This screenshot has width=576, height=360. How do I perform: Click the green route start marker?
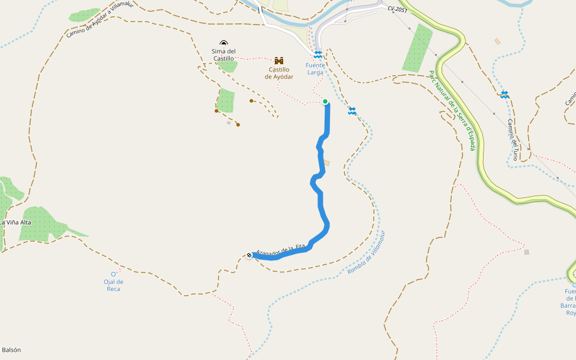(x=325, y=101)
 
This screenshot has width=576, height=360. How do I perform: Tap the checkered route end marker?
(x=249, y=256)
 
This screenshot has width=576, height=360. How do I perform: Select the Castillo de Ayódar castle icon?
(x=279, y=61)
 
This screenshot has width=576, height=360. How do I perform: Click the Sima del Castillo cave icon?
(x=224, y=43)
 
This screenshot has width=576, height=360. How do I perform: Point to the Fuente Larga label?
(x=316, y=68)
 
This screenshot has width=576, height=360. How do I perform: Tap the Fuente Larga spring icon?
(x=318, y=55)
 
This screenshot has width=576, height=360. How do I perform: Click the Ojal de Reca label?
(x=113, y=285)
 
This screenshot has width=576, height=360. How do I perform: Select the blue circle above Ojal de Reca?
(x=113, y=274)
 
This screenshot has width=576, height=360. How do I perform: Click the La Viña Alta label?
(x=16, y=223)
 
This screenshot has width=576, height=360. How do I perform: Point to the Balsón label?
(x=11, y=349)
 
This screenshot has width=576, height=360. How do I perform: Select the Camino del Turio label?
(x=512, y=139)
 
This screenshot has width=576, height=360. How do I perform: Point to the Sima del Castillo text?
(x=223, y=55)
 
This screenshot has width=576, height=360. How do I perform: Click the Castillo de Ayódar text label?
(x=279, y=73)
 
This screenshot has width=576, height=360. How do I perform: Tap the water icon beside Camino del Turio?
(x=505, y=94)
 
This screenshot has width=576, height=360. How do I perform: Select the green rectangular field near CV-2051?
(x=417, y=48)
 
